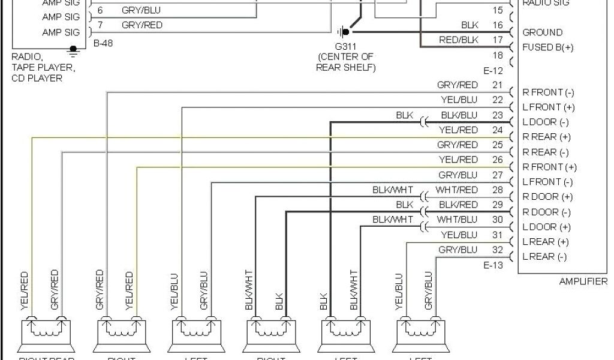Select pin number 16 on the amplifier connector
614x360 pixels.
click(498, 25)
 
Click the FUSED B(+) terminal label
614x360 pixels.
click(547, 47)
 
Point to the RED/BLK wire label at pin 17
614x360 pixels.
click(459, 40)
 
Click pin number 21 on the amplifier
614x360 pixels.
click(498, 85)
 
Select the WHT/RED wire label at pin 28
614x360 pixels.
click(457, 190)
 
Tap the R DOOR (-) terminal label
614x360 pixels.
click(547, 212)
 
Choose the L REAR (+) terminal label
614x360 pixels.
click(545, 242)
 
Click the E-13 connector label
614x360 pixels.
click(494, 265)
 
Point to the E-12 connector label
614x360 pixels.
click(494, 70)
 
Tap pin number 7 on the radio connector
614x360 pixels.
click(100, 25)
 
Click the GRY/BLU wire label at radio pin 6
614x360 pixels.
click(141, 10)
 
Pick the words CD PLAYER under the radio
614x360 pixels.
click(37, 78)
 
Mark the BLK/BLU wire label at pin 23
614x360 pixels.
click(459, 115)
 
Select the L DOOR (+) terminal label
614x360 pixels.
click(547, 227)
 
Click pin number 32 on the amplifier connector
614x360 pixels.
click(498, 250)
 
